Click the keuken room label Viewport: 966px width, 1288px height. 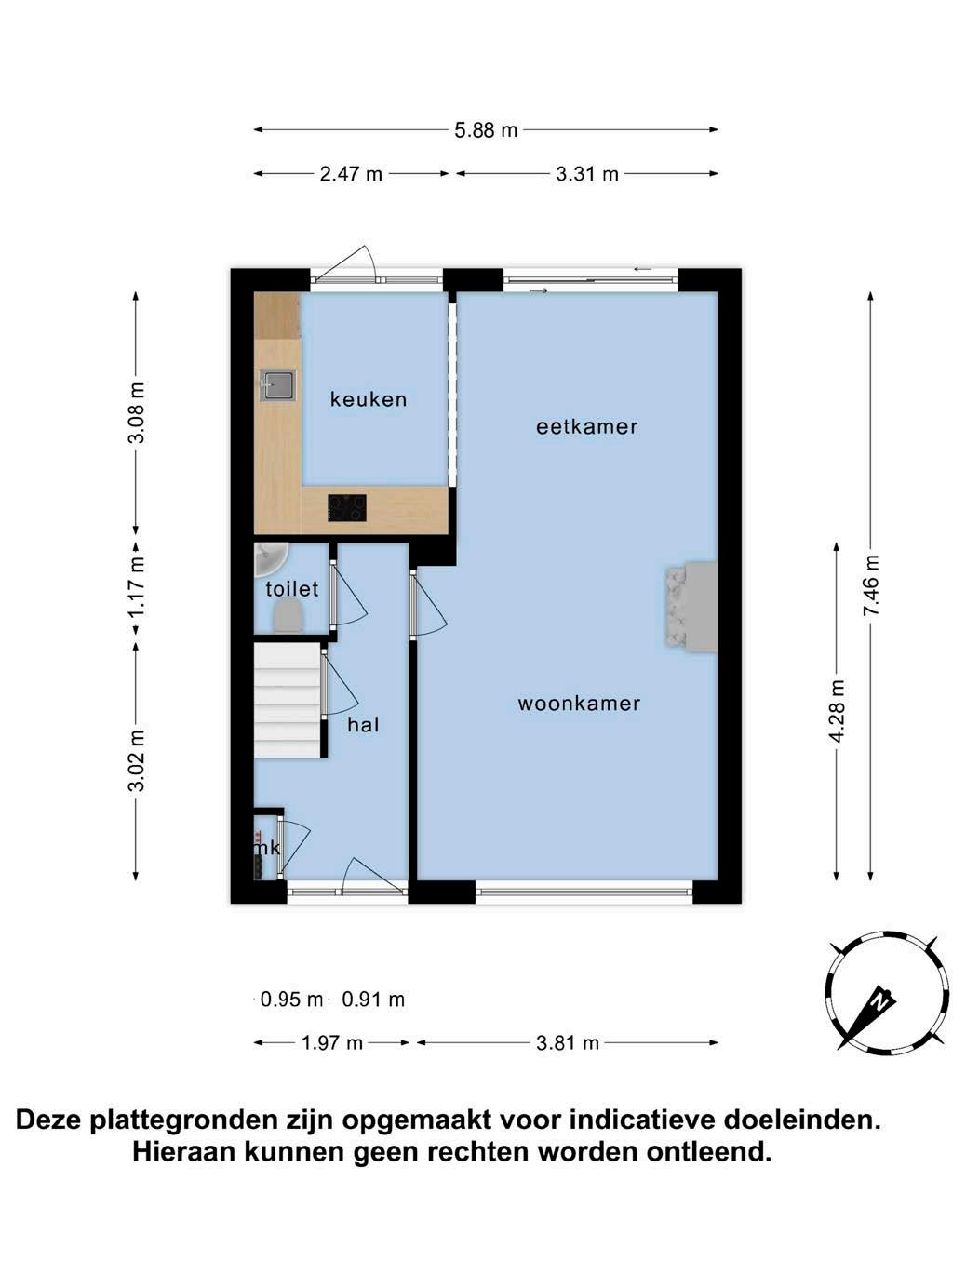(369, 399)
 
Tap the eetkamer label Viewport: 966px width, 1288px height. (586, 426)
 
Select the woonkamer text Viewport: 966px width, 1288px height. (579, 703)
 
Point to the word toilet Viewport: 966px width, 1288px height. (291, 588)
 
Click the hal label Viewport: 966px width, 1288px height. (363, 725)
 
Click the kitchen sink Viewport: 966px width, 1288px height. (278, 385)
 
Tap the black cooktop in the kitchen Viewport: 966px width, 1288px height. (347, 507)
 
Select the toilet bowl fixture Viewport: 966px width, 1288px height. (288, 619)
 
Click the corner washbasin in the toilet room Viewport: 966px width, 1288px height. (271, 559)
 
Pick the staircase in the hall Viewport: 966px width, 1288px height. (288, 700)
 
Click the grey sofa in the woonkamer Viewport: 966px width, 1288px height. (691, 607)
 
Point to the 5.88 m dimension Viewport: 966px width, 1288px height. (486, 129)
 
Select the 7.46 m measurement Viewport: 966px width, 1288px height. (871, 585)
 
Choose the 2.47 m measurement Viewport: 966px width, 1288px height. (351, 174)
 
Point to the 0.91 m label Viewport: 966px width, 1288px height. (373, 999)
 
